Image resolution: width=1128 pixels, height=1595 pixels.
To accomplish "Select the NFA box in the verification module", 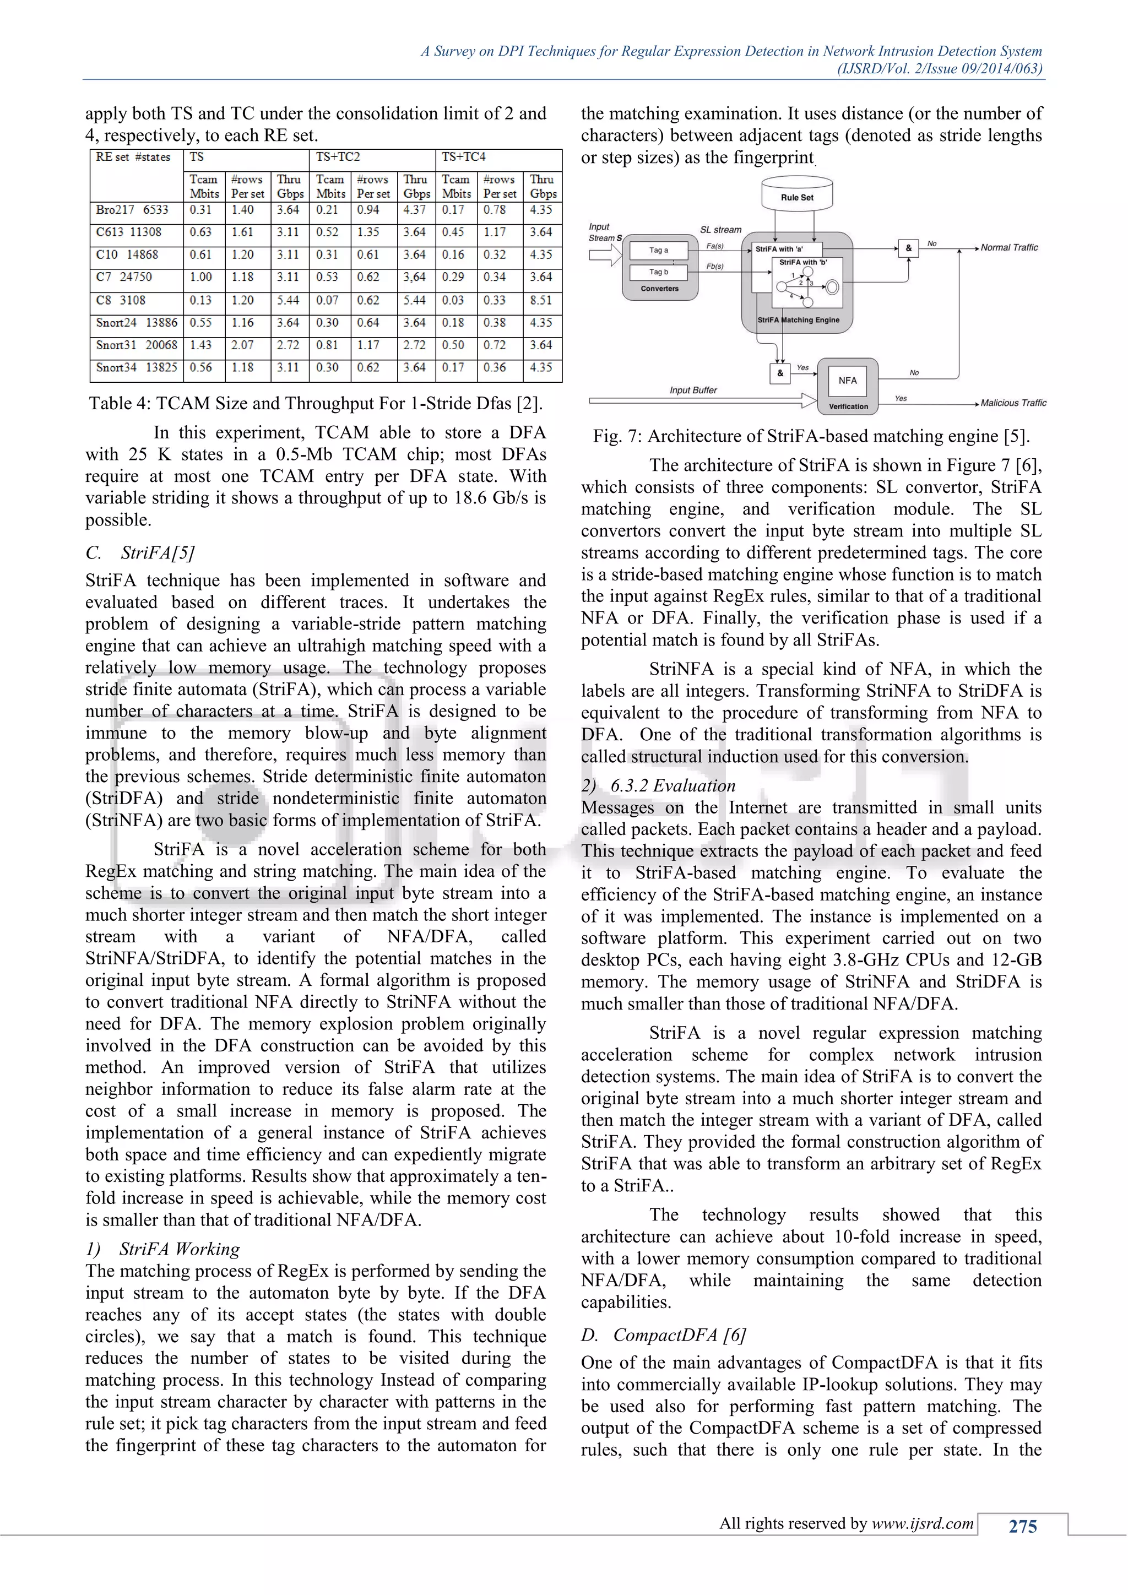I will click(848, 381).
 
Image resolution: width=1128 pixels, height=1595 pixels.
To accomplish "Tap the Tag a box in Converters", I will click(659, 250).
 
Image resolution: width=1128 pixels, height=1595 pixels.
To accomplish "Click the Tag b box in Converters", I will click(659, 272).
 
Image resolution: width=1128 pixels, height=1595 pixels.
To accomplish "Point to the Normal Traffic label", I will click(1008, 247).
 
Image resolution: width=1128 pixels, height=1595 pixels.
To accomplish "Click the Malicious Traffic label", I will click(1013, 403).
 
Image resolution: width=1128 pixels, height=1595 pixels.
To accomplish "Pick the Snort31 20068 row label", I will click(136, 345).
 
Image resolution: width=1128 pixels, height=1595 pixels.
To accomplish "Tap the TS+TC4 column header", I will click(464, 157).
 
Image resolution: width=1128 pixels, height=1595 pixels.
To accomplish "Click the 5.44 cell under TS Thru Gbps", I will click(288, 300).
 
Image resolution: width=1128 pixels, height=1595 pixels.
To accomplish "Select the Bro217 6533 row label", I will click(132, 210).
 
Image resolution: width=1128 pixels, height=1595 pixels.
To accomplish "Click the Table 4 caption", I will click(316, 404).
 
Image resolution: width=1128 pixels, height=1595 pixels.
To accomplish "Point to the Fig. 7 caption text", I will click(811, 436).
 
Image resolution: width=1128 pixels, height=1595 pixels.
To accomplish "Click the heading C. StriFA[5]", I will click(140, 553).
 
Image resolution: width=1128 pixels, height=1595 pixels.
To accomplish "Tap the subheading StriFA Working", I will click(178, 1249).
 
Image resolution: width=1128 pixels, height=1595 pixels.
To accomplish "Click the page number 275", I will click(1022, 1526).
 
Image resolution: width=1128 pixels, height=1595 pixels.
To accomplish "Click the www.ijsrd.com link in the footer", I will click(923, 1523).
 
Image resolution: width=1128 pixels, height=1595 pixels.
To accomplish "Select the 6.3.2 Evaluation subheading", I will click(673, 786).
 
